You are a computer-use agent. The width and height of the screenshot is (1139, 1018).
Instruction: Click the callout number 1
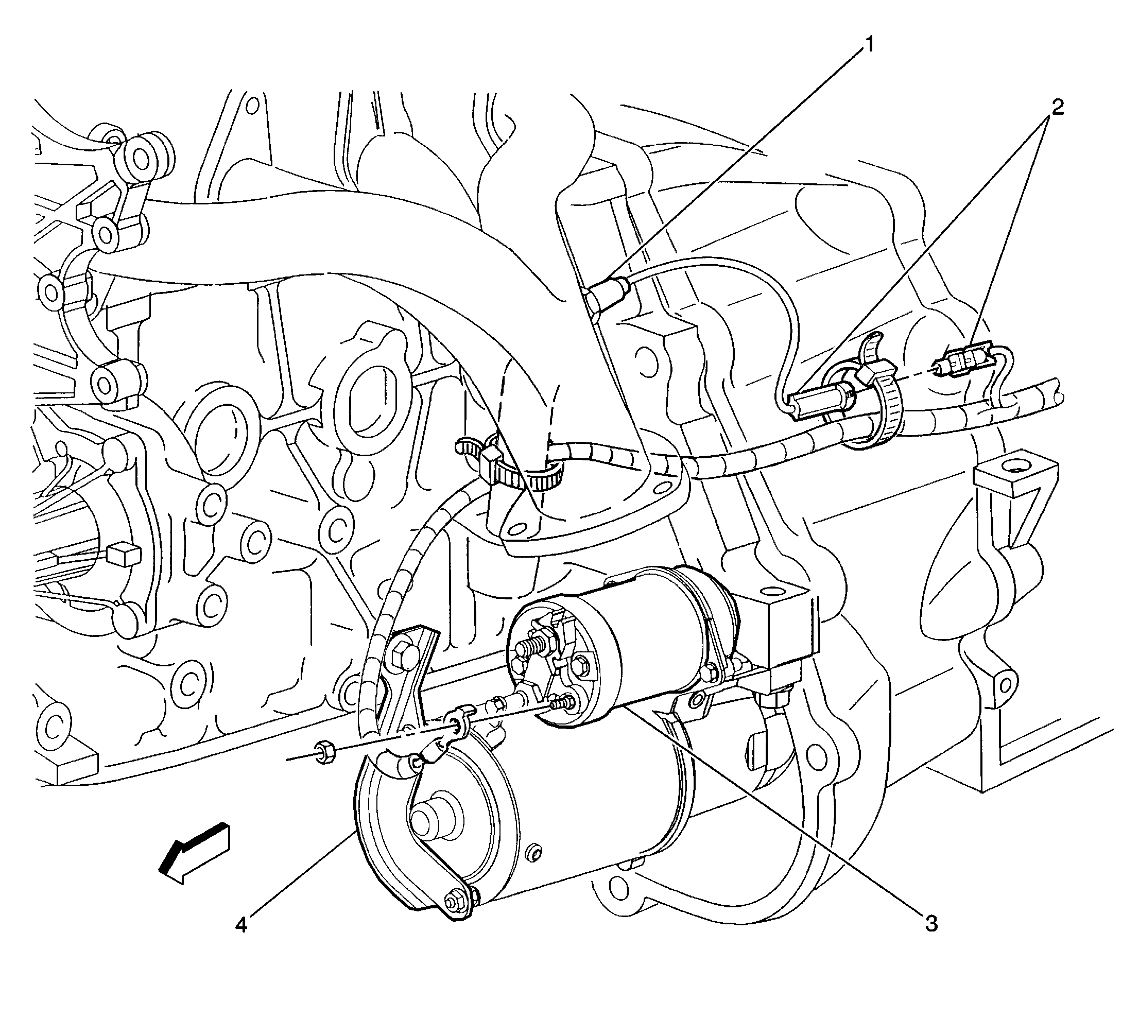868,44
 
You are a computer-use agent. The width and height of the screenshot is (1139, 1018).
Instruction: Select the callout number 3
930,924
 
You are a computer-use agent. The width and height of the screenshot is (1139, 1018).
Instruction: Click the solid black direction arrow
194,853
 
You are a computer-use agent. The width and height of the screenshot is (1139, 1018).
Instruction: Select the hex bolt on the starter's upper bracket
401,657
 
